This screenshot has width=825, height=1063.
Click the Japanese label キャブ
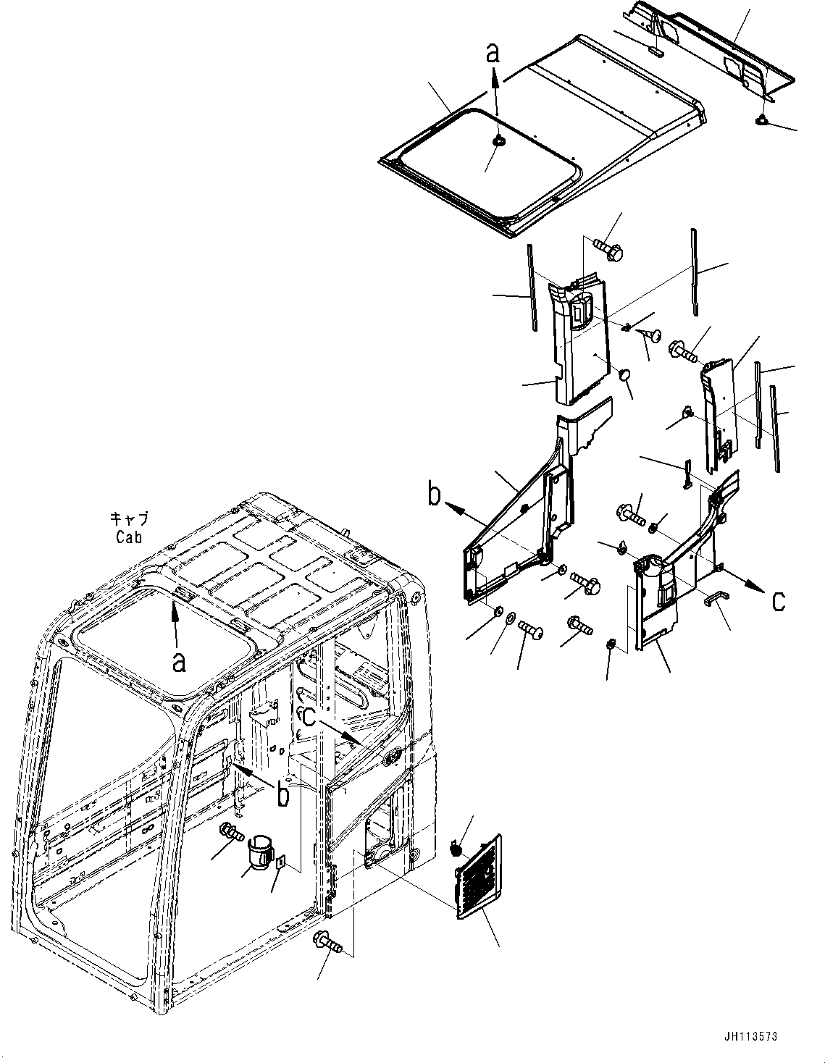click(130, 518)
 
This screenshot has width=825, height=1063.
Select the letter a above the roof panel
click(493, 52)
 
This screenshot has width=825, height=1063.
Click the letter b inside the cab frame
click(283, 795)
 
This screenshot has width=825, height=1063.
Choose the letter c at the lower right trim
click(777, 600)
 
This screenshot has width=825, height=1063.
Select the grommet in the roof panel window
click(498, 142)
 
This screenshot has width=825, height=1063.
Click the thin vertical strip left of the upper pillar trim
click(532, 287)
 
